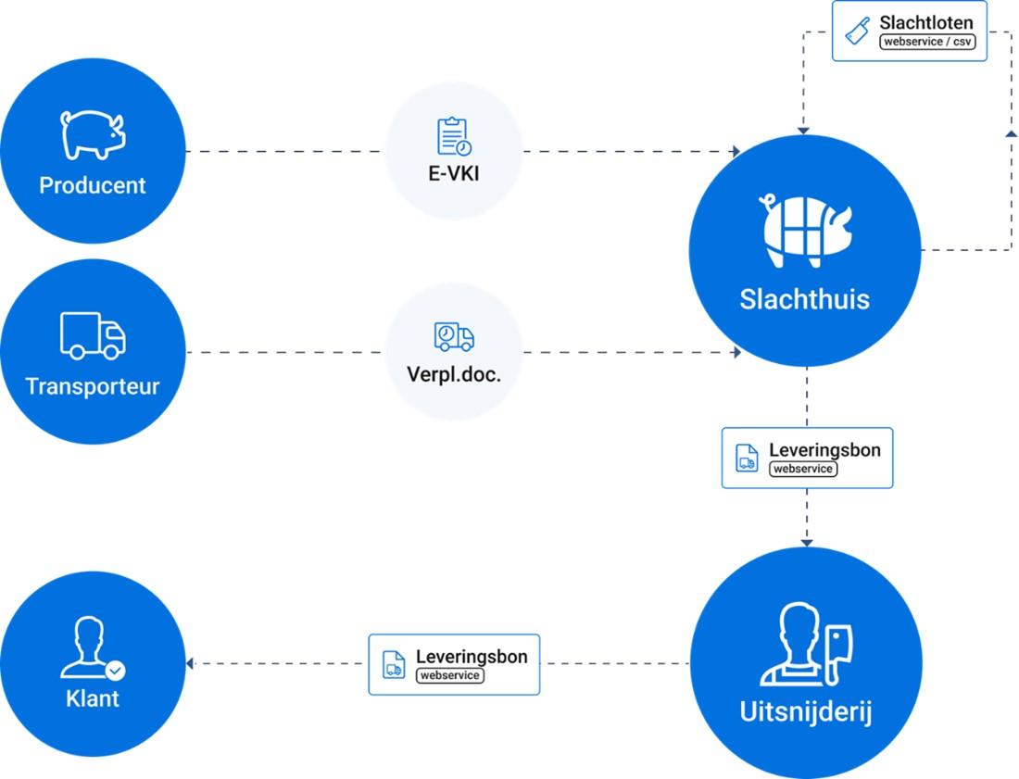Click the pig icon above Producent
click(x=92, y=134)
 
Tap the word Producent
click(x=92, y=185)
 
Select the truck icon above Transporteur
click(x=93, y=335)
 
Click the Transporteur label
click(x=92, y=386)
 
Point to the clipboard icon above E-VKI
click(x=453, y=136)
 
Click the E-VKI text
click(x=453, y=172)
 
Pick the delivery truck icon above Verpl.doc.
click(x=453, y=337)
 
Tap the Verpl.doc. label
click(x=453, y=375)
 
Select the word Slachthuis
click(x=804, y=299)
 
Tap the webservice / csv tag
click(x=927, y=42)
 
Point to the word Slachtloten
click(x=926, y=21)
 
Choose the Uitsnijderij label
click(x=806, y=713)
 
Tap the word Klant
click(x=93, y=697)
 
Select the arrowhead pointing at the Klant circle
click(x=190, y=663)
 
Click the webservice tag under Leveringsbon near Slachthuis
click(x=803, y=469)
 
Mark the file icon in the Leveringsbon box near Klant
click(x=394, y=664)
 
